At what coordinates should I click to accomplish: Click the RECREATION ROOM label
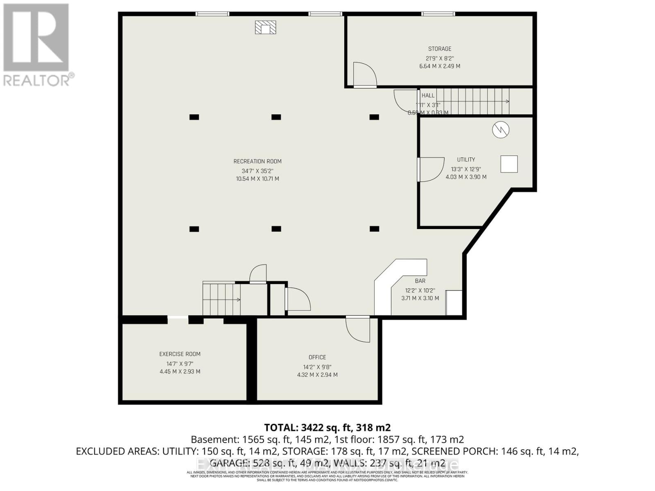(x=257, y=161)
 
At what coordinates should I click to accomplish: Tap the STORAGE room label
(x=440, y=49)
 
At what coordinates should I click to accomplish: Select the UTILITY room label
(x=466, y=160)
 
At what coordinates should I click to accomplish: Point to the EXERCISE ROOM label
(x=180, y=354)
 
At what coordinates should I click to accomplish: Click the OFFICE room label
(x=317, y=357)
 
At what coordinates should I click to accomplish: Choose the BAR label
(x=420, y=281)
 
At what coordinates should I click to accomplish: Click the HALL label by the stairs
(x=428, y=95)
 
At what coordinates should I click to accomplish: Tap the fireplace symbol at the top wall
(x=266, y=28)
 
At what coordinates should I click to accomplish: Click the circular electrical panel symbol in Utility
(x=500, y=130)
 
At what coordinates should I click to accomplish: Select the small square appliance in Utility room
(x=509, y=164)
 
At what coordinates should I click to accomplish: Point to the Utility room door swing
(x=431, y=169)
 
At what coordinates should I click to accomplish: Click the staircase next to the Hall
(x=475, y=101)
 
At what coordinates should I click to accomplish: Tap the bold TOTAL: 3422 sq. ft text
(x=327, y=428)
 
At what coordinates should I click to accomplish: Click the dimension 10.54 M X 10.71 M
(x=257, y=179)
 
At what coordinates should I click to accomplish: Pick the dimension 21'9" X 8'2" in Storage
(x=440, y=59)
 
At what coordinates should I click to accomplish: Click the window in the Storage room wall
(x=438, y=14)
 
